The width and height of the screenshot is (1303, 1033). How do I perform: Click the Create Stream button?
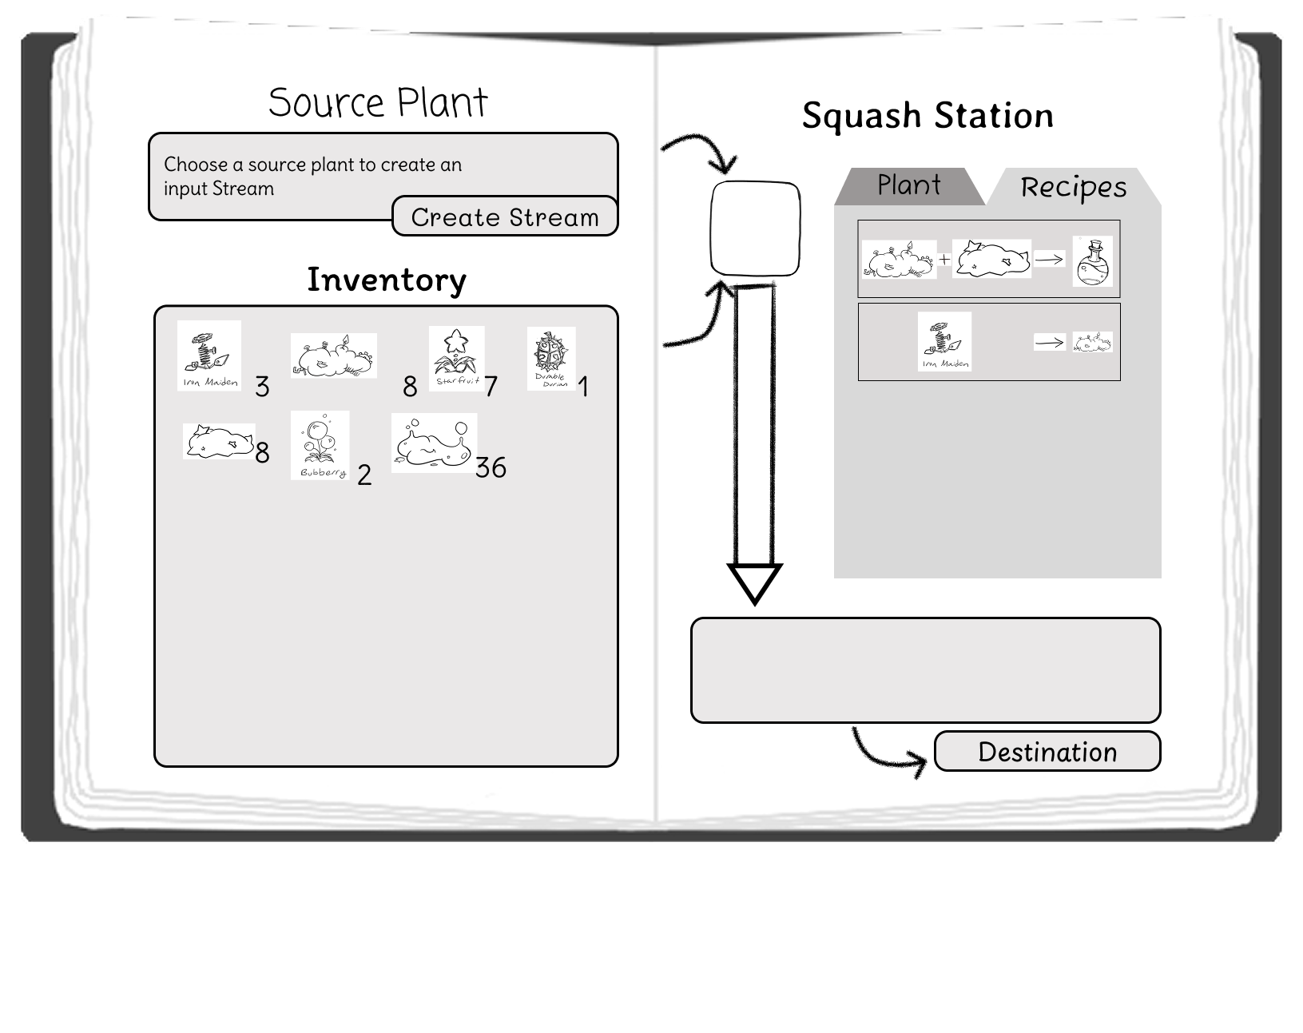(x=505, y=217)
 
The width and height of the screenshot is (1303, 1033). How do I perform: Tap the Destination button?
(x=1047, y=752)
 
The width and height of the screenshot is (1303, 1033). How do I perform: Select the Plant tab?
(x=908, y=185)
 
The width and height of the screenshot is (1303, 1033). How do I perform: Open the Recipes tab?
(x=1074, y=187)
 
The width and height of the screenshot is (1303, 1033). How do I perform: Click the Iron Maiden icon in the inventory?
(x=209, y=356)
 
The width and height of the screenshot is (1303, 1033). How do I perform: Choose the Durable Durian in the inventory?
(x=551, y=359)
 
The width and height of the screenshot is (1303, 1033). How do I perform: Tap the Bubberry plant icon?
(x=320, y=445)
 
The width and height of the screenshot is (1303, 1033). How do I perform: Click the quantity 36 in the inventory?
(x=491, y=467)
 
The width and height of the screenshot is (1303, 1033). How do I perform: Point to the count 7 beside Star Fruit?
(x=491, y=387)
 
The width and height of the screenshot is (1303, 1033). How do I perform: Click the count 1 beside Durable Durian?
(x=582, y=387)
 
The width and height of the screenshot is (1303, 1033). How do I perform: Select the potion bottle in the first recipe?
(x=1092, y=261)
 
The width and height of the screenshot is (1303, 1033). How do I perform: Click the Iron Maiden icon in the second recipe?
(x=944, y=341)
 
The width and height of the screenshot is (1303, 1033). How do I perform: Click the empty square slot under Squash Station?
(x=755, y=228)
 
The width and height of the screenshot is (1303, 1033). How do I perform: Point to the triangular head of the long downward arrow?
(x=754, y=582)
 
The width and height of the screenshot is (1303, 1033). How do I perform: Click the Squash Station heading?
(x=928, y=116)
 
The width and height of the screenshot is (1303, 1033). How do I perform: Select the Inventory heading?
(x=387, y=280)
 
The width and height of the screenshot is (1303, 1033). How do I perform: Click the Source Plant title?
(x=378, y=102)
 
